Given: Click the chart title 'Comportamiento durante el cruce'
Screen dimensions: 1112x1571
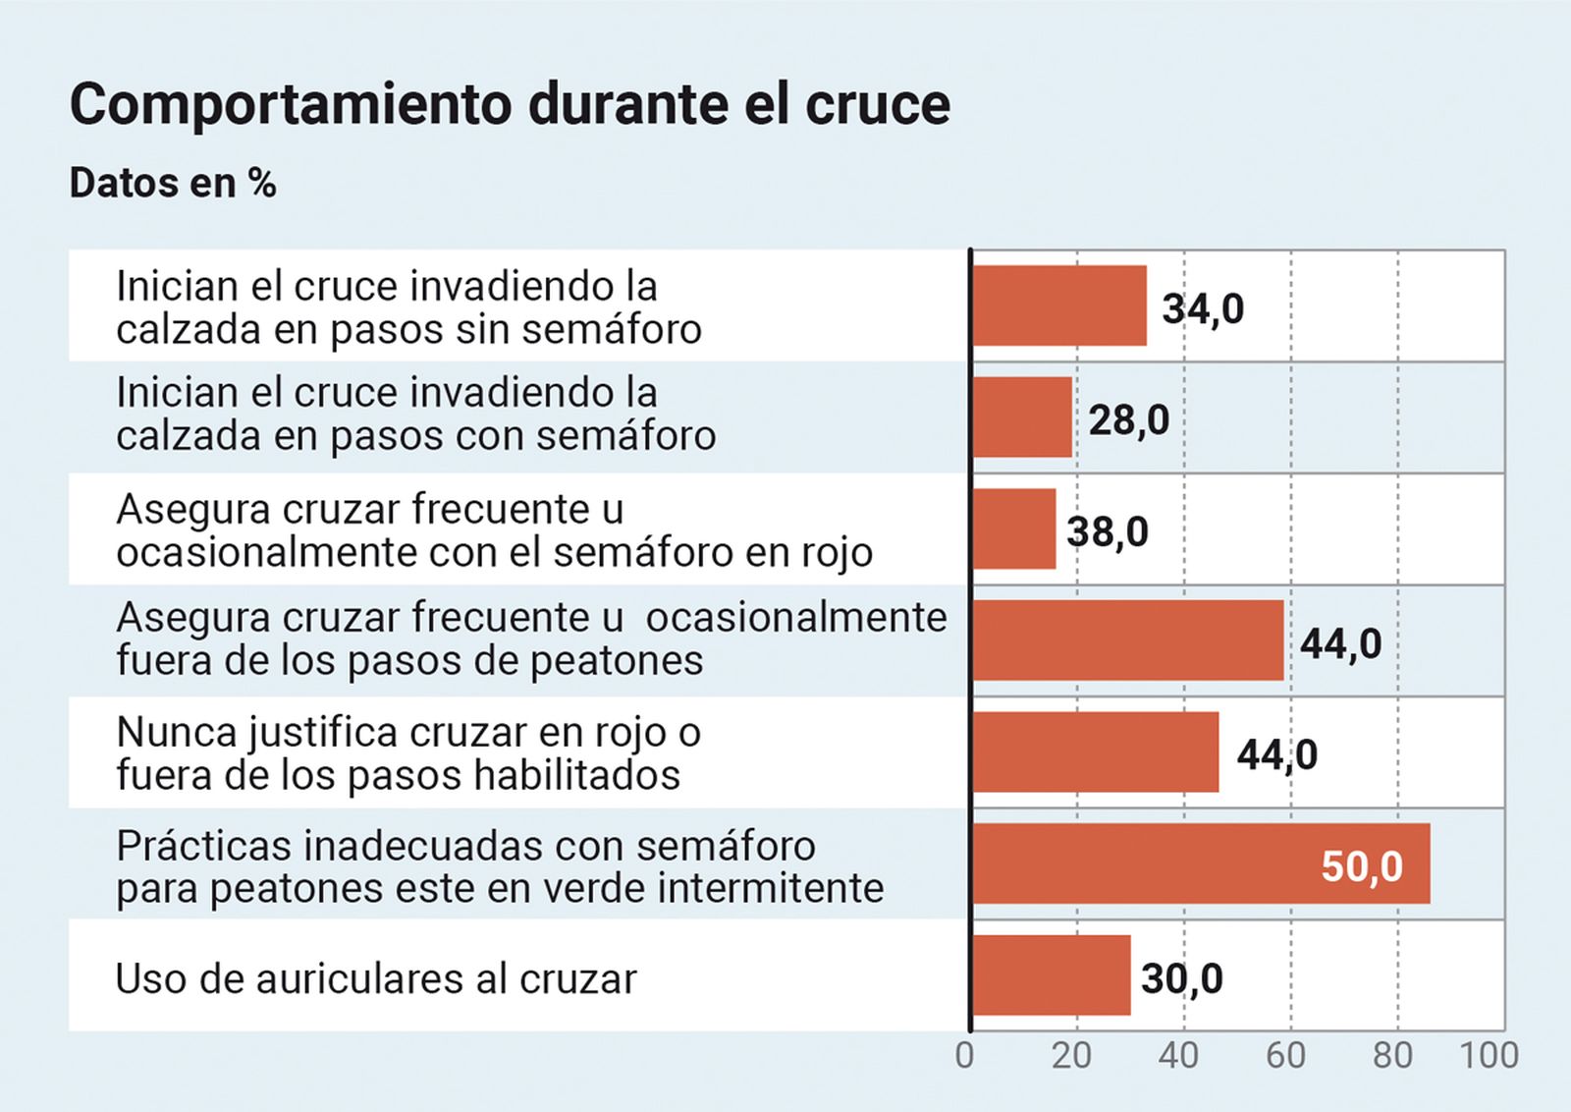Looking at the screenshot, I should pos(510,104).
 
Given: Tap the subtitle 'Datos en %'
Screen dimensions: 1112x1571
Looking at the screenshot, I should pos(173,184).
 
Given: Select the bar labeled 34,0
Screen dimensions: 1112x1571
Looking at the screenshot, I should pos(1059,306).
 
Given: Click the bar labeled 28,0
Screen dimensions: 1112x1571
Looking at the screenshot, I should pos(1022,417).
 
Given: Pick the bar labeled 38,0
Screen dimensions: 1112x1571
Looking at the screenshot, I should pos(1014,529).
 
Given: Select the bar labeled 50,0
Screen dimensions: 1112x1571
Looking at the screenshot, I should pos(1200,863).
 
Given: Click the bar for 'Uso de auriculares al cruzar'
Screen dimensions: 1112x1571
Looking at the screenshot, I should pos(1051,975).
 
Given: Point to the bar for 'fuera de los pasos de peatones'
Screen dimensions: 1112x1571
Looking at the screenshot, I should pos(1128,640).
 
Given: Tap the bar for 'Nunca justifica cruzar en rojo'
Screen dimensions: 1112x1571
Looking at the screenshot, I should pos(1096,752).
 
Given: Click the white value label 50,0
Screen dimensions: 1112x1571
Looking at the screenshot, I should pos(1362,866).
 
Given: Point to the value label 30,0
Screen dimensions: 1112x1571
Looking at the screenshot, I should pos(1181,978).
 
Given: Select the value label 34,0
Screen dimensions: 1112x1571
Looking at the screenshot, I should pos(1203,308).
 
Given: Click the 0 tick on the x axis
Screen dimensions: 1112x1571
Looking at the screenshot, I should pos(965,1056).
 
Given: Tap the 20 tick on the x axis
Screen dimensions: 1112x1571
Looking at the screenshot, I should pos(1071,1056).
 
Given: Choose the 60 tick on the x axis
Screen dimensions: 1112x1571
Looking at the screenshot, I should pos(1285,1056).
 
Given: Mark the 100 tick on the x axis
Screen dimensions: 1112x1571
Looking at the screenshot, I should pos(1489,1056).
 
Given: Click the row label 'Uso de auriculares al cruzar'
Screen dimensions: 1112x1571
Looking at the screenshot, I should pos(376,979).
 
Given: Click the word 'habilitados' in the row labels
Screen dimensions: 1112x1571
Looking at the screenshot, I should pos(577,776).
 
